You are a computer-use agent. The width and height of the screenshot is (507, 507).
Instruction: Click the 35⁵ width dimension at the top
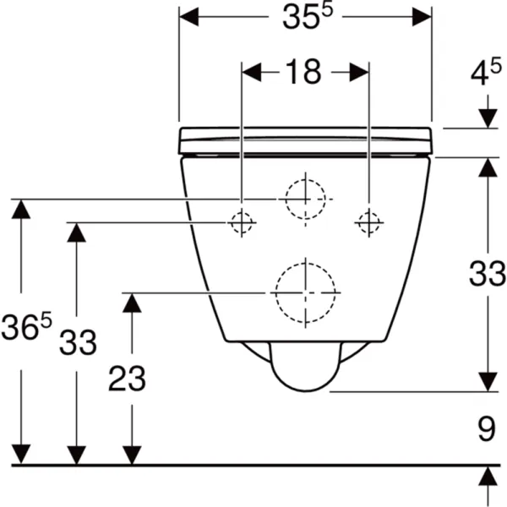[x=308, y=17]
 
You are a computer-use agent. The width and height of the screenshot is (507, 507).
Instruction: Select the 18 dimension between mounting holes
[x=303, y=72]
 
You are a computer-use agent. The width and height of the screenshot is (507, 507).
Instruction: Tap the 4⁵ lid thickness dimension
[x=486, y=72]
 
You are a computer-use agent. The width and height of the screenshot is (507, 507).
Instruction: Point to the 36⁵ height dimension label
[x=26, y=325]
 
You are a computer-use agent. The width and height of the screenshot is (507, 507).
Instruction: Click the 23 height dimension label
[x=127, y=379]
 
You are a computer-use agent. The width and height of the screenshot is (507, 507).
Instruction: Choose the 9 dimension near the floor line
[x=487, y=429]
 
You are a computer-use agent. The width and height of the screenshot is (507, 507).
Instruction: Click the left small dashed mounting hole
[x=242, y=222]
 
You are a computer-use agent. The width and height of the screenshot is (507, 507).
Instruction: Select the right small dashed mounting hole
[x=369, y=222]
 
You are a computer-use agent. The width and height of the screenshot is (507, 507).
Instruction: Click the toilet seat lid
[x=306, y=140]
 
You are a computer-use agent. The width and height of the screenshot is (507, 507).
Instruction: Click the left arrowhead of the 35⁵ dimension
[x=188, y=17]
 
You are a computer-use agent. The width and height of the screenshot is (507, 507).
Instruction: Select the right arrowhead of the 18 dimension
[x=359, y=72]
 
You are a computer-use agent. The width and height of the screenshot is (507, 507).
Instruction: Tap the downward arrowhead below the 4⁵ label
[x=488, y=118]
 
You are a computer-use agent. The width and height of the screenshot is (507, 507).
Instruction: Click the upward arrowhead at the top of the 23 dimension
[x=132, y=303]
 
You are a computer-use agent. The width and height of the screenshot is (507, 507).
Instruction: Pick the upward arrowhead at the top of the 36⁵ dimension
[x=21, y=210]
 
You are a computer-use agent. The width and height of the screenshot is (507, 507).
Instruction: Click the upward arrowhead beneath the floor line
[x=488, y=476]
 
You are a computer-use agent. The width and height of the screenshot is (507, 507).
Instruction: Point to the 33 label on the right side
[x=488, y=274]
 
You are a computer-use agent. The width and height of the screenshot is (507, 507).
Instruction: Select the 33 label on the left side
[x=78, y=342]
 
